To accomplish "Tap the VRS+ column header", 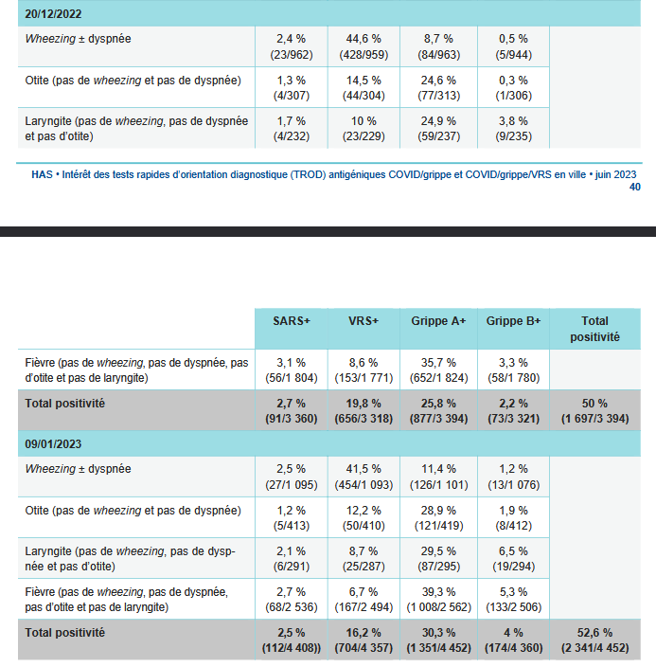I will [363, 321].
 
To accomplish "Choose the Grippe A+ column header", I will [437, 321].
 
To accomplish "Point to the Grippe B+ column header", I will [513, 321].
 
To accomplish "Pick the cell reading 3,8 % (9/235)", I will [513, 129].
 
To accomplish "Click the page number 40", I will [634, 187].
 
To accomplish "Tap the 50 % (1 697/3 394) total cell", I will [595, 410].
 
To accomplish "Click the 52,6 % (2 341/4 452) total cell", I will [595, 640].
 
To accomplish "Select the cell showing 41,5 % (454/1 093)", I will [363, 477].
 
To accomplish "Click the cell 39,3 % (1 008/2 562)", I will [437, 599].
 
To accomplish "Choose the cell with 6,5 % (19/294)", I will [513, 558].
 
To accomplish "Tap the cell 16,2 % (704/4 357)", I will [363, 640].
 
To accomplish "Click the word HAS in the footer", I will [42, 174].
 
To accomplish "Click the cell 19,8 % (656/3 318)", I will [363, 410].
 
